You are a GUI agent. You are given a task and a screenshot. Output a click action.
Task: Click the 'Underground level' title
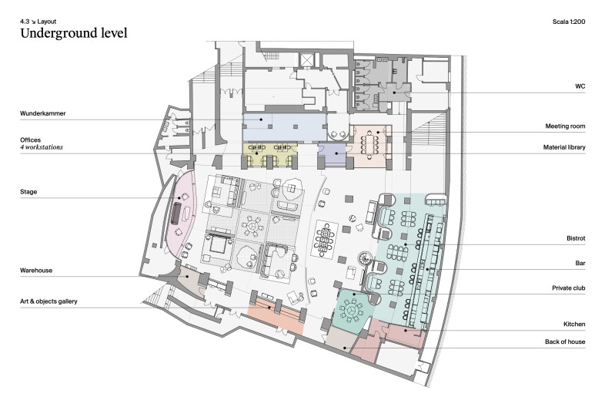[x=74, y=33]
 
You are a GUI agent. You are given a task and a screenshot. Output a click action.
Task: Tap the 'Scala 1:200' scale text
[x=569, y=22]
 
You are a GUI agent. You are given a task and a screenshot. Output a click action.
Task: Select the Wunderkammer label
[x=43, y=113]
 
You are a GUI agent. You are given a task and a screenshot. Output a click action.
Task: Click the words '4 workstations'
[x=42, y=147]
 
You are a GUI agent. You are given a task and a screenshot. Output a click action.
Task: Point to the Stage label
[x=28, y=192]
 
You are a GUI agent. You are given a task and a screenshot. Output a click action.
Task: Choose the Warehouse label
[x=36, y=271]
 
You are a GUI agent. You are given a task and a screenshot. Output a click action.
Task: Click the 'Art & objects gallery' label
[x=48, y=301]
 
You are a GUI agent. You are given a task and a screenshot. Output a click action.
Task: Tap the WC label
[x=580, y=86]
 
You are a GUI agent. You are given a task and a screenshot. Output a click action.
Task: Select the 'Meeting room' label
[x=565, y=126]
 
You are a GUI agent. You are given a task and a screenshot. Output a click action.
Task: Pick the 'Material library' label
[x=564, y=147]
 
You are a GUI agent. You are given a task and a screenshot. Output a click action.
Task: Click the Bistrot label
[x=576, y=238]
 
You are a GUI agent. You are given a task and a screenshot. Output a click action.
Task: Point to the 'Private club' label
[x=568, y=288]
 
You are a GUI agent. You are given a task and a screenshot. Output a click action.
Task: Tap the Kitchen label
[x=574, y=324]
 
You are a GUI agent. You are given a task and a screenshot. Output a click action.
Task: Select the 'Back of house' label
[x=565, y=341]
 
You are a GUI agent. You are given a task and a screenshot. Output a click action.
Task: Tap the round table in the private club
[x=352, y=310]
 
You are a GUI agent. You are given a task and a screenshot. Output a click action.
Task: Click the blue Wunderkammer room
[x=284, y=127]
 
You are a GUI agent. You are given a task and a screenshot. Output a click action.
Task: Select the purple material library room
[x=332, y=154]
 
